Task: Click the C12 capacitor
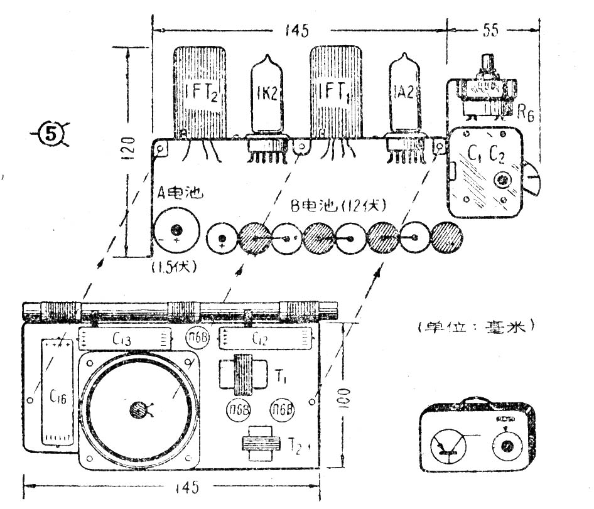point(264,340)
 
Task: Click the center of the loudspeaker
point(138,411)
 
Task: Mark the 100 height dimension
point(347,397)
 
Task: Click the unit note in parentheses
point(475,326)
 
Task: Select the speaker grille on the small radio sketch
point(447,445)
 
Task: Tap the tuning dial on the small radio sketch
point(504,447)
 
